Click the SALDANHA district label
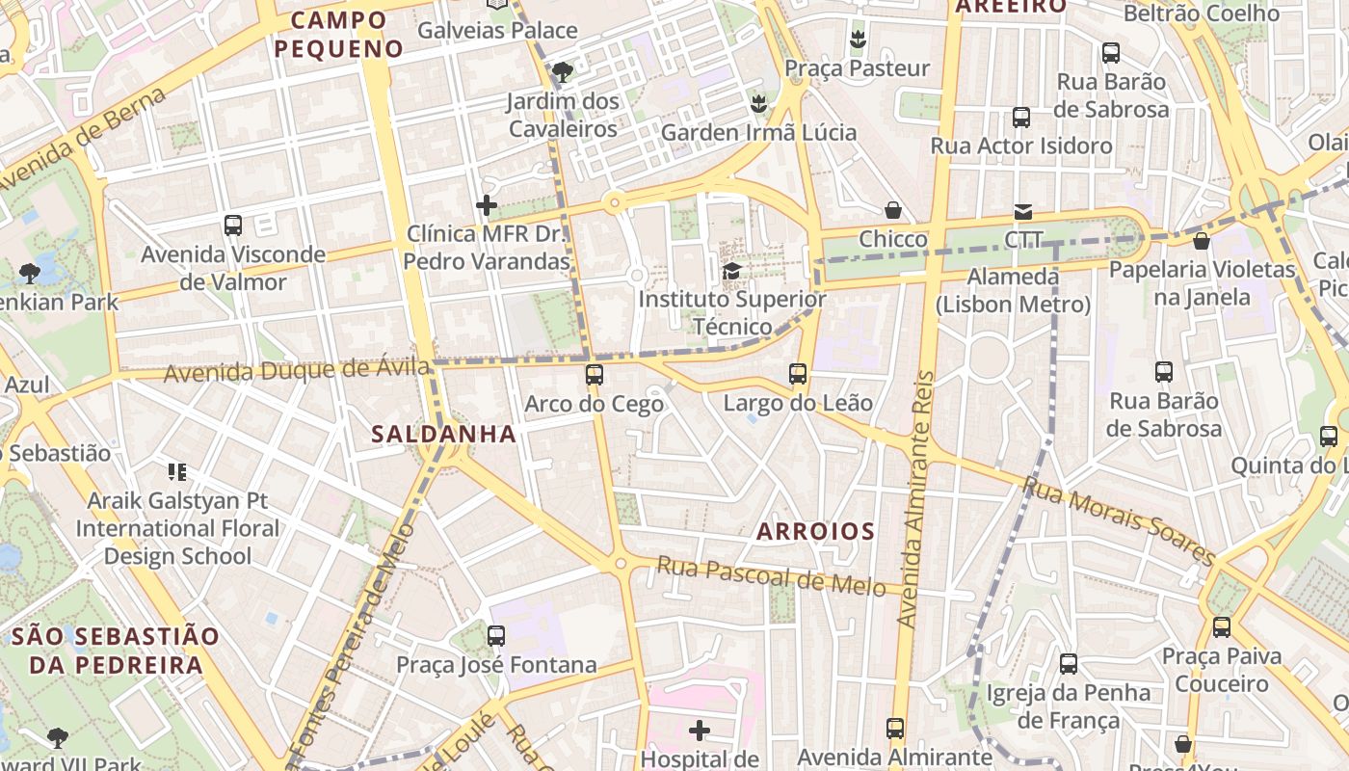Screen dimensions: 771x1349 [444, 435]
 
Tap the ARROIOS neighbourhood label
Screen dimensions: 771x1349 [815, 531]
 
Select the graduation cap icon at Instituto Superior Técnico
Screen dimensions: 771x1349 [732, 272]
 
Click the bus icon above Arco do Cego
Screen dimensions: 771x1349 [595, 375]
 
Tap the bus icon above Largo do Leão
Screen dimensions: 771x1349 [798, 374]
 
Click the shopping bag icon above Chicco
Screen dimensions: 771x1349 [893, 210]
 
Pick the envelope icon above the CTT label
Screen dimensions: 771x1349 [1022, 211]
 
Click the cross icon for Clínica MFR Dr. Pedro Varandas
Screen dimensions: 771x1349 [487, 205]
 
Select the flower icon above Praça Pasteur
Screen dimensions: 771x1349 [857, 40]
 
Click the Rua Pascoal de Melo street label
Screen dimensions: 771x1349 [771, 575]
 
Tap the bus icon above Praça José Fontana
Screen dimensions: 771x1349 [496, 636]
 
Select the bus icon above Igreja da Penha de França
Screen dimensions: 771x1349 [1069, 664]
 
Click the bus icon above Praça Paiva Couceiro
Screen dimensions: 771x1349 [1222, 627]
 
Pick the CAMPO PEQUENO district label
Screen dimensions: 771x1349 [338, 34]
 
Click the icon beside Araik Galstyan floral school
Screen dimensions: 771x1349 [177, 472]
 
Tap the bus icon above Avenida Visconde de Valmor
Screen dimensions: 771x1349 [233, 226]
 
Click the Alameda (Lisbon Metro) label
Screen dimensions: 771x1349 [1013, 291]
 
